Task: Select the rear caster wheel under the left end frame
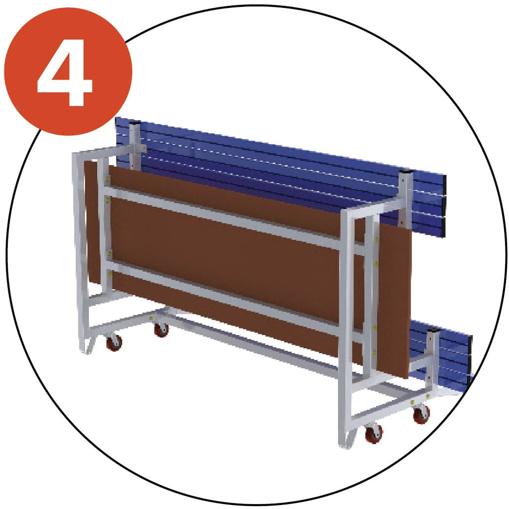(162, 329)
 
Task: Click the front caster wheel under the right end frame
(374, 433)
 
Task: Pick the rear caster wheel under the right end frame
(422, 414)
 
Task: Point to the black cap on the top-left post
(135, 123)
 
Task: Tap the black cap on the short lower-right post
(433, 331)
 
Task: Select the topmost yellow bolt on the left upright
(107, 178)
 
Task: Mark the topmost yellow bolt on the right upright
(377, 240)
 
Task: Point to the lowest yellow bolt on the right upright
(374, 351)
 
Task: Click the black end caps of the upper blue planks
(443, 206)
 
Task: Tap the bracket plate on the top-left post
(140, 148)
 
